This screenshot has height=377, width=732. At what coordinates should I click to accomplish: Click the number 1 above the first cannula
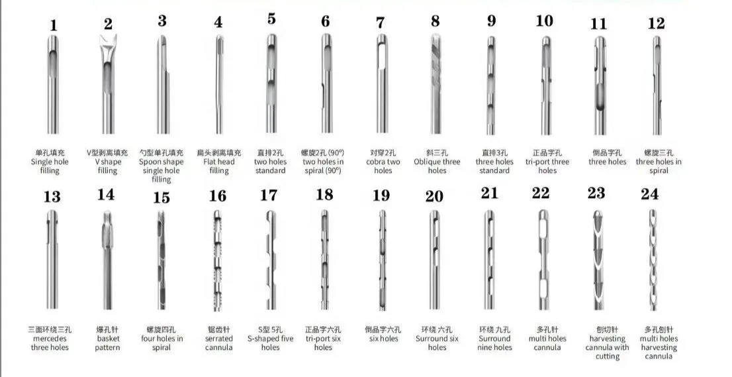pyautogui.click(x=54, y=26)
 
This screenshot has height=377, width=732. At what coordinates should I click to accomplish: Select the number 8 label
pyautogui.click(x=435, y=21)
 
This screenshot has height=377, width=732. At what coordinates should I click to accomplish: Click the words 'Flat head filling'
pyautogui.click(x=219, y=166)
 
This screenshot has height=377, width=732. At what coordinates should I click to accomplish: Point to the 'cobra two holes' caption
pyautogui.click(x=383, y=166)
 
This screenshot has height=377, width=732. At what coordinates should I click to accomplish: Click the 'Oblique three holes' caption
pyautogui.click(x=437, y=166)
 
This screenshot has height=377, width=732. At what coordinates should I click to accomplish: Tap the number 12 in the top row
pyautogui.click(x=656, y=23)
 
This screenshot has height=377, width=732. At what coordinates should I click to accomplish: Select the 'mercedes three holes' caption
pyautogui.click(x=50, y=343)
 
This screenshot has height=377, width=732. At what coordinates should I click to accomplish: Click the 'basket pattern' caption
pyautogui.click(x=108, y=343)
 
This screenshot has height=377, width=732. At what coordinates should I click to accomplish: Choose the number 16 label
pyautogui.click(x=218, y=196)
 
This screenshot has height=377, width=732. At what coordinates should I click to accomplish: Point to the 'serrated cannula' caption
pyautogui.click(x=219, y=343)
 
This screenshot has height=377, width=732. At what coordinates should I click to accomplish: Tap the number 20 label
pyautogui.click(x=434, y=196)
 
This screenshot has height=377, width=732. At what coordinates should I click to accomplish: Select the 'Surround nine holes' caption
pyautogui.click(x=494, y=343)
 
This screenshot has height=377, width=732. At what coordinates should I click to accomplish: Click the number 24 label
pyautogui.click(x=650, y=195)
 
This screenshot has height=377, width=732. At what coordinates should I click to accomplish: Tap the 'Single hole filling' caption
pyautogui.click(x=50, y=166)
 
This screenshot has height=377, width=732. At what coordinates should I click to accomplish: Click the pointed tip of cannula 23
pyautogui.click(x=597, y=214)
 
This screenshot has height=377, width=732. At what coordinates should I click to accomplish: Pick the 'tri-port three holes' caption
pyautogui.click(x=547, y=166)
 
